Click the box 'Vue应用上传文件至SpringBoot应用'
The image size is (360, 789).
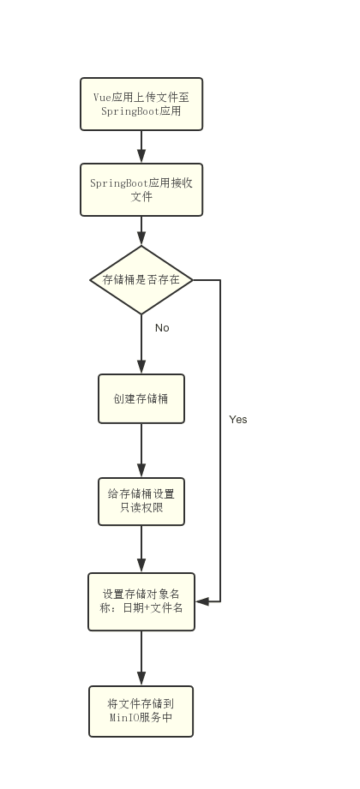[141, 105]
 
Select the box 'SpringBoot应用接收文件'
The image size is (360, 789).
[141, 189]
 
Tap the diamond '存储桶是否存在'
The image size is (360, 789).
[141, 280]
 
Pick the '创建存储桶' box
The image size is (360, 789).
[141, 398]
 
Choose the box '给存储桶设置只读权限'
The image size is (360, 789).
[141, 501]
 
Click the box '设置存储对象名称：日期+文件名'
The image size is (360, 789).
[141, 601]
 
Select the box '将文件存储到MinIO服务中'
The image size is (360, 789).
[141, 711]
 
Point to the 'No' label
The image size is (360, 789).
[162, 327]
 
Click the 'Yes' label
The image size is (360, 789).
[238, 419]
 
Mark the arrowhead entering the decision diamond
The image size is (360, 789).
[141, 238]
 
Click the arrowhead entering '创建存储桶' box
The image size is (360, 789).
[141, 367]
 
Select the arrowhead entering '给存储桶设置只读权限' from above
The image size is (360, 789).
[141, 470]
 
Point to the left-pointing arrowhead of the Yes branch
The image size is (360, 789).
[202, 601]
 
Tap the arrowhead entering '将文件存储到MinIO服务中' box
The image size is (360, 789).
[141, 678]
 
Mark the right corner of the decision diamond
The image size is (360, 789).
[193, 280]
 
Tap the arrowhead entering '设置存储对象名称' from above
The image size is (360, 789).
[141, 565]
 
